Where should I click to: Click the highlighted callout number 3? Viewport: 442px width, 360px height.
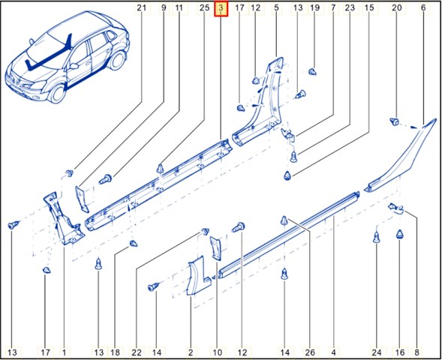coord(221,8)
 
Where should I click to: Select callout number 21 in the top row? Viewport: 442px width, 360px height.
coord(142,8)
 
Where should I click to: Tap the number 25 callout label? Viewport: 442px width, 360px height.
coord(204,8)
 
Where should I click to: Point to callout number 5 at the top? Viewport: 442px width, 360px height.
coord(276,8)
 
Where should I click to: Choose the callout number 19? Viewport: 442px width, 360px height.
coord(314,8)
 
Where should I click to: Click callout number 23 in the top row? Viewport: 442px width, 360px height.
coord(350,8)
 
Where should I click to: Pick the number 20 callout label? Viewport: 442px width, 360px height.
coord(397,8)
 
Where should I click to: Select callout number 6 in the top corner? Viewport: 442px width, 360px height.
coord(423,8)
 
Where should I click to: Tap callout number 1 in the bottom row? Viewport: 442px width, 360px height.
coord(64,352)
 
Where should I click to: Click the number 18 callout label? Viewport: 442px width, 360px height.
coord(115,352)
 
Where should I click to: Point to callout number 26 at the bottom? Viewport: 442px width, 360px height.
coord(310,352)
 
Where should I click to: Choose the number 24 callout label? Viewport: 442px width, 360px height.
coord(377,352)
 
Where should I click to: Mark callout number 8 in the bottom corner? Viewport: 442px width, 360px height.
coord(417,352)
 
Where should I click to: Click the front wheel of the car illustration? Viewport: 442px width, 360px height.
coord(58,93)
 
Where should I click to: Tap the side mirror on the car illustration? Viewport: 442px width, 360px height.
coord(74,66)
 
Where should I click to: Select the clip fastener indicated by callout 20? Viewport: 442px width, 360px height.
coord(395,121)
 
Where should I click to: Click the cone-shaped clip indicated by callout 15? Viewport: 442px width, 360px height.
coord(287,175)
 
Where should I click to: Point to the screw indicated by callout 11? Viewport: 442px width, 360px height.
coord(106,179)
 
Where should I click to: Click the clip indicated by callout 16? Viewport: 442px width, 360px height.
coord(400,234)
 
